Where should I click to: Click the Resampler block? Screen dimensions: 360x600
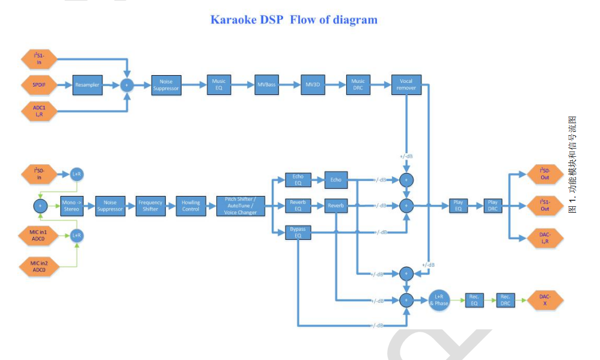click(x=87, y=85)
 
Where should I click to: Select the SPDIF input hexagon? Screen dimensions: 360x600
click(x=39, y=85)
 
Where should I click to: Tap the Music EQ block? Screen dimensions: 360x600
click(x=219, y=85)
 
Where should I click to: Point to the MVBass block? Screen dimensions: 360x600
click(x=266, y=85)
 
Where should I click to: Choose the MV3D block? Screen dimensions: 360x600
click(x=312, y=85)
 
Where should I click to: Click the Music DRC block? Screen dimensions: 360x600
click(x=358, y=85)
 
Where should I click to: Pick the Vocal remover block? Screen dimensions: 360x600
click(x=406, y=85)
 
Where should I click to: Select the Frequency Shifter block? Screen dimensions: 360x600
click(x=150, y=206)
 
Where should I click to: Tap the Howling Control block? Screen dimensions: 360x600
click(x=191, y=206)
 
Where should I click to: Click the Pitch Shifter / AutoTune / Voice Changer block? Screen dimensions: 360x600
click(x=240, y=206)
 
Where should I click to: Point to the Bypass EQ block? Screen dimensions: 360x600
click(x=298, y=232)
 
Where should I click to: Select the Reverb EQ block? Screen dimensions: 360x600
click(x=298, y=206)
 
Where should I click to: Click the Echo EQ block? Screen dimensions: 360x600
click(x=298, y=179)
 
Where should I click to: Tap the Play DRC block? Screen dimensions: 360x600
click(x=492, y=206)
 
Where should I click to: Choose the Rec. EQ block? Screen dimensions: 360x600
click(x=474, y=300)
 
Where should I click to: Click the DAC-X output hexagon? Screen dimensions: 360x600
click(x=545, y=300)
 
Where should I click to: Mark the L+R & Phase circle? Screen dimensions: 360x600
click(x=439, y=300)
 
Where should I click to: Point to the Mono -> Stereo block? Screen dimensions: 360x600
click(x=70, y=206)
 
